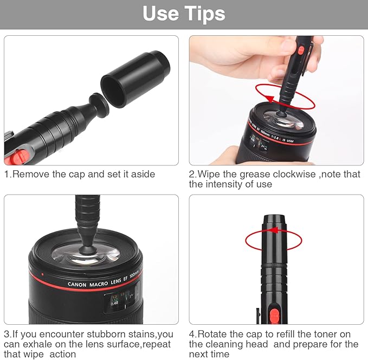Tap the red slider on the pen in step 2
pyautogui.click(x=300, y=50)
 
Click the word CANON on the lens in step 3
pyautogui.click(x=80, y=284)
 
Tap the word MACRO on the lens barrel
pyautogui.click(x=106, y=280)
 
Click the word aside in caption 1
pyautogui.click(x=144, y=175)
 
